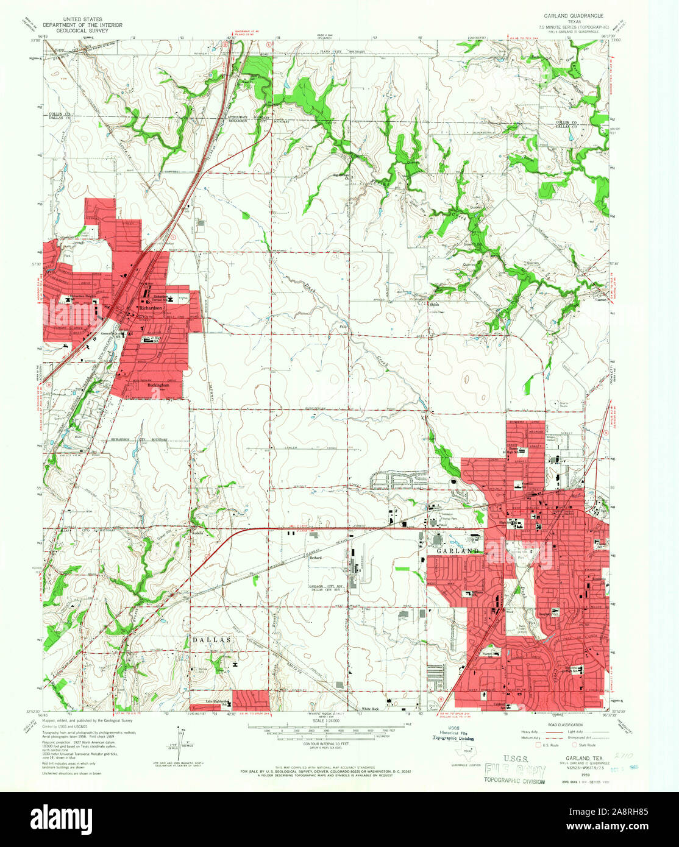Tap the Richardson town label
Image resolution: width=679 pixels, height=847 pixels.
pyautogui.click(x=151, y=308)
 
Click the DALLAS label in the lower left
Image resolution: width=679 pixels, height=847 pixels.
pyautogui.click(x=212, y=640)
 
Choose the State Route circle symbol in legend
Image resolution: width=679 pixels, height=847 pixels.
pyautogui.click(x=575, y=745)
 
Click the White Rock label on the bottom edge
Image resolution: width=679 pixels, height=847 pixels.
pyautogui.click(x=371, y=709)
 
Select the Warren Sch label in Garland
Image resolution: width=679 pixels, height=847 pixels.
pyautogui.click(x=488, y=654)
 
